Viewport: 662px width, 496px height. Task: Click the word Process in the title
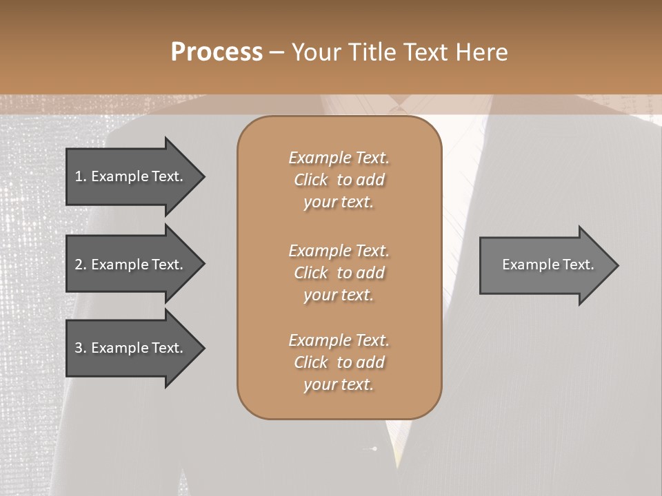217,52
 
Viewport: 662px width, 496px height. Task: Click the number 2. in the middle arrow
81,265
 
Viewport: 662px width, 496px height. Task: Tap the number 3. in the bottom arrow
81,348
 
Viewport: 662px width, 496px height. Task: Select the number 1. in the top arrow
81,176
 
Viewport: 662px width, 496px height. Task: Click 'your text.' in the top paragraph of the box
339,203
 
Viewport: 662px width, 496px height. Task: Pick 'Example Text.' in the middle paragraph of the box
339,250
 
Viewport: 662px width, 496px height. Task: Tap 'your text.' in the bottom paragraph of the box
339,385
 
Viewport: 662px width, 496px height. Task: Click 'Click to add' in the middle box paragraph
339,273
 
